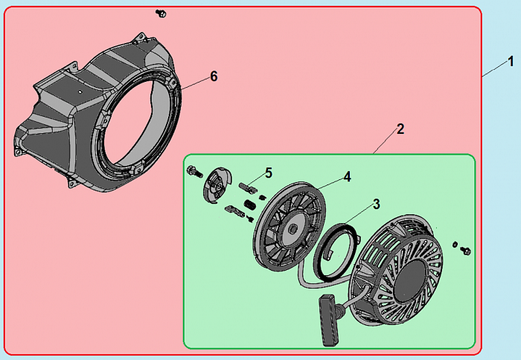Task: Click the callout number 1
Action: point(511,62)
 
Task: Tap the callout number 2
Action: point(400,129)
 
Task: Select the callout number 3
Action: point(376,205)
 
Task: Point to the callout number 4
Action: point(347,177)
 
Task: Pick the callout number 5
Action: point(269,173)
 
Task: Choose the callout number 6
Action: point(214,77)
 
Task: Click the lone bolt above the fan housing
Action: point(161,13)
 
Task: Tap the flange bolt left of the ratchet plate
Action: point(195,171)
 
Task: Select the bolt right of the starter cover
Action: point(465,251)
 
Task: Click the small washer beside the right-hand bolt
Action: point(455,245)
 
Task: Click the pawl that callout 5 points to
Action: point(247,187)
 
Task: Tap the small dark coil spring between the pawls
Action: point(249,205)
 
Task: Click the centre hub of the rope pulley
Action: point(292,228)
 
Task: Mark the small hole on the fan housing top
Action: point(80,91)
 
